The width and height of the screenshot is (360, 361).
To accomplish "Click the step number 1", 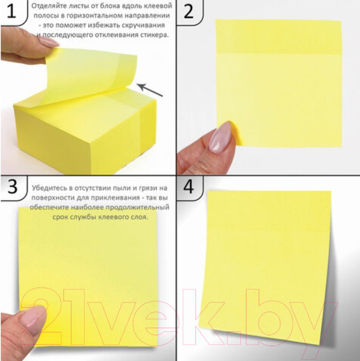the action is pyautogui.click(x=11, y=11).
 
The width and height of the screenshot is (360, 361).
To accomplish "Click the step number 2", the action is pyautogui.click(x=188, y=11).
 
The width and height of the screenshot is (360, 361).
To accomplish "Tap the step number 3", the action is pyautogui.click(x=12, y=186).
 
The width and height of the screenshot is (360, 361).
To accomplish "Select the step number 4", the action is pyautogui.click(x=188, y=187).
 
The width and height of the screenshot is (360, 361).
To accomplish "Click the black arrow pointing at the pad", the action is pyautogui.click(x=150, y=90).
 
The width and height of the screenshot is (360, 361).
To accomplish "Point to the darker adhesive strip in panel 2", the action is pyautogui.click(x=279, y=37).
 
